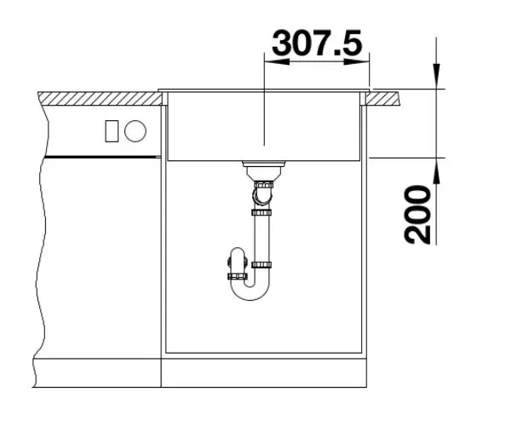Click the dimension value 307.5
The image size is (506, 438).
coord(317,43)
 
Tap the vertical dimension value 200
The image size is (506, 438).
coord(417,215)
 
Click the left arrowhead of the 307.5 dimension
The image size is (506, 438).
coord(277,61)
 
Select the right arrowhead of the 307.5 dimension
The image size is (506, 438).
coord(357,61)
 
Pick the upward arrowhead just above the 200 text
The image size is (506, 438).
coord(436,171)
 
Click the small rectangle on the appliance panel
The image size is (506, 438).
coord(112,131)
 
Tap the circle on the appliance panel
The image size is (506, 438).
coord(135,131)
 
